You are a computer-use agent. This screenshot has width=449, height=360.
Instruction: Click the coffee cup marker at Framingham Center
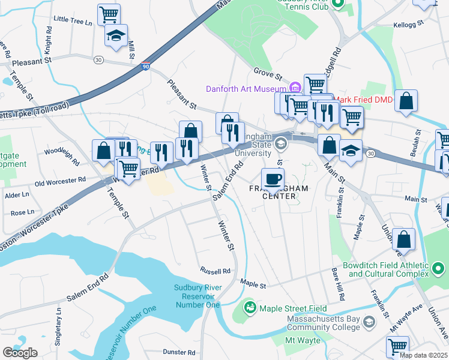tap(273, 179)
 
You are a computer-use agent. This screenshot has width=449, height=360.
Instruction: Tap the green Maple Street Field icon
tap(250, 308)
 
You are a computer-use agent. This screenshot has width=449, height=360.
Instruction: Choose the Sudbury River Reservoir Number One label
tap(197, 296)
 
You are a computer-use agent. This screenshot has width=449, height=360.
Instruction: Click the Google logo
tap(20, 352)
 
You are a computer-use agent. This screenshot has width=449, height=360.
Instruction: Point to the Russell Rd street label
tap(215, 271)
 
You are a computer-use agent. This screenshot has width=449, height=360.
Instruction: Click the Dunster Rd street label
tap(179, 352)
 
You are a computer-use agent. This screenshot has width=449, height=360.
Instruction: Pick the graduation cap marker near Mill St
tap(116, 35)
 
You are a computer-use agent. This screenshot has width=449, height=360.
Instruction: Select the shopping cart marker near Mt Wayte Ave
tap(397, 346)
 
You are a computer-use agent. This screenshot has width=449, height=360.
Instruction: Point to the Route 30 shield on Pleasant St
tap(98, 59)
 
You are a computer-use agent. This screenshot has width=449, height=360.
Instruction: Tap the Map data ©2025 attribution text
tap(423, 355)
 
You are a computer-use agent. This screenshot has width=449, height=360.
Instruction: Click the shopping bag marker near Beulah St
tap(406, 102)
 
